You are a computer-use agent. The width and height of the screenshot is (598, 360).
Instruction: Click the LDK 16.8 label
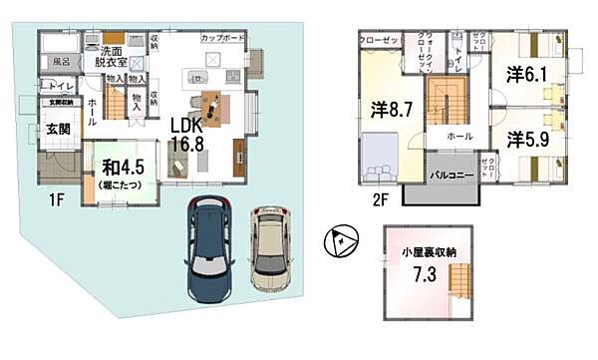[x=187, y=136]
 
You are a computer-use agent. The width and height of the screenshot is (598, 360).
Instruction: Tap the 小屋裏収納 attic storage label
[x=427, y=252]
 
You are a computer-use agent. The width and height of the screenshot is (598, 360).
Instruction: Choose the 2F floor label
[x=380, y=198]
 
